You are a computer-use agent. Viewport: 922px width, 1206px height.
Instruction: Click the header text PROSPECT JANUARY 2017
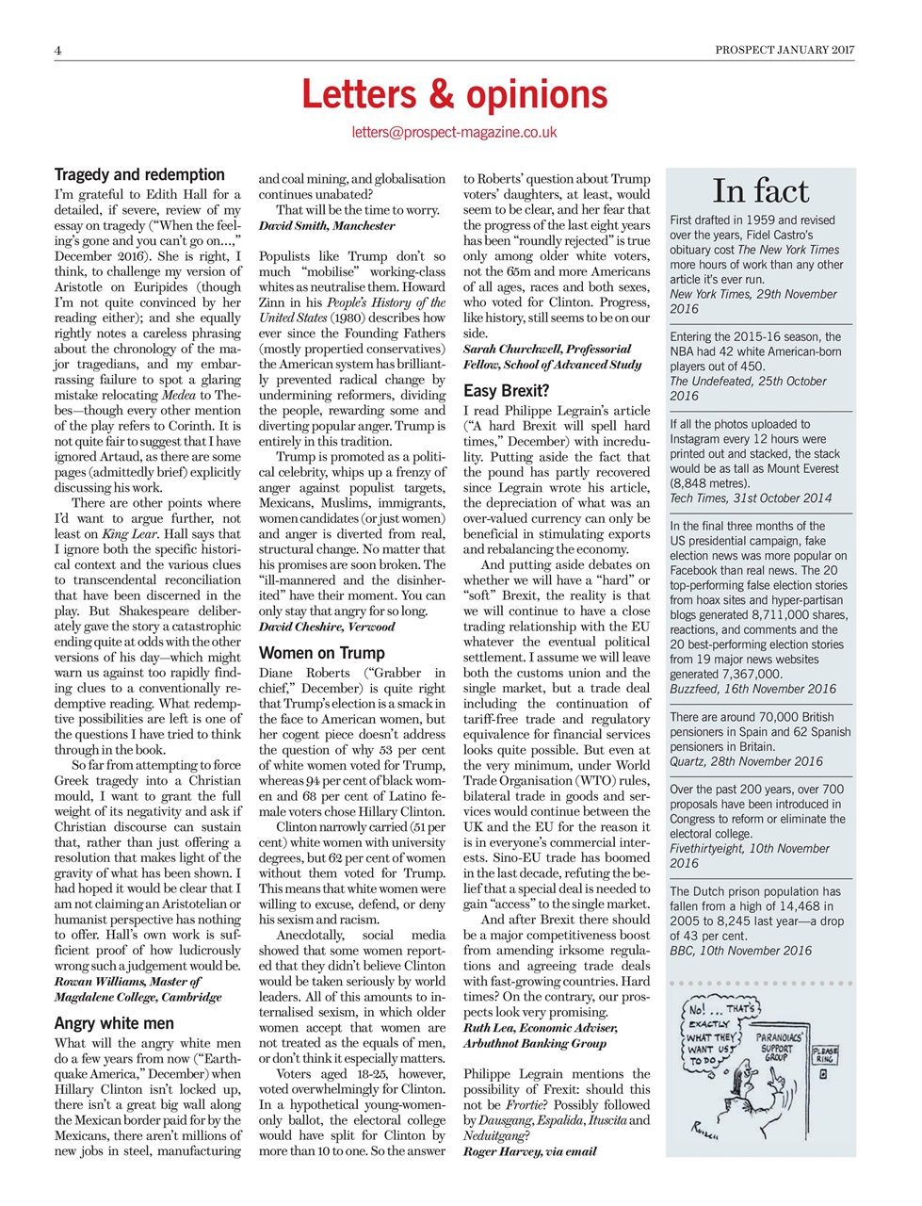point(785,50)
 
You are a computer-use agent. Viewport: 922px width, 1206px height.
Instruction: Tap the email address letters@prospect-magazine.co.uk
point(454,133)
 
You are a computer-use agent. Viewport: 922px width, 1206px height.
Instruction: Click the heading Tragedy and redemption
point(139,174)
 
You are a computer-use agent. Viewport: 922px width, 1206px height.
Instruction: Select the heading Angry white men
point(114,1022)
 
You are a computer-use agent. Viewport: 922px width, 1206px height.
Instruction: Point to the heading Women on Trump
point(321,652)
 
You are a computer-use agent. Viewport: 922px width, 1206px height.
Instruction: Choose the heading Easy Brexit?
point(506,390)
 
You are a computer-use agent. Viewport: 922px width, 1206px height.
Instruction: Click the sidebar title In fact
point(760,191)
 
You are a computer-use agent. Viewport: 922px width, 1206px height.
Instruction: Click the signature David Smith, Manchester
point(327,225)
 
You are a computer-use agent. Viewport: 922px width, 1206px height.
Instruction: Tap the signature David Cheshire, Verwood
point(327,627)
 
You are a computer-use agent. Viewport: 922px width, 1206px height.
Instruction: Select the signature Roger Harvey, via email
point(529,1150)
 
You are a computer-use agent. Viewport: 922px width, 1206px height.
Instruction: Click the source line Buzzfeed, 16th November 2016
point(752,689)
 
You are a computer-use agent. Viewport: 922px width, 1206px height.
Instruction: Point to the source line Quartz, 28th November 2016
point(746,761)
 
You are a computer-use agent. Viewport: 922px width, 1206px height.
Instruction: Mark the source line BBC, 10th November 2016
point(740,951)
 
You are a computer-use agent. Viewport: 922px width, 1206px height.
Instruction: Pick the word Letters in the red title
point(355,94)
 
